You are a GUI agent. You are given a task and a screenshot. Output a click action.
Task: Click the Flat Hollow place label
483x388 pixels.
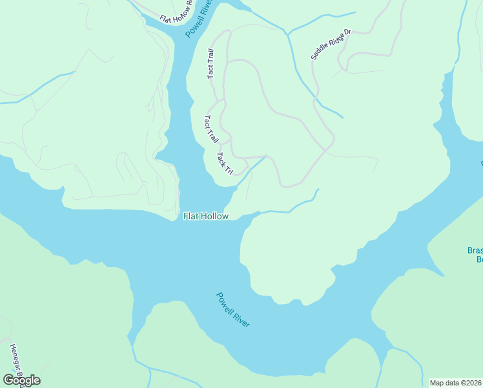click(x=205, y=216)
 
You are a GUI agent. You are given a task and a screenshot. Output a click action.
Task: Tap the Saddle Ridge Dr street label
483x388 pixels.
click(x=330, y=44)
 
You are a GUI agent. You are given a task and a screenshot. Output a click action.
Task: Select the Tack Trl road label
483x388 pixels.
click(x=225, y=164)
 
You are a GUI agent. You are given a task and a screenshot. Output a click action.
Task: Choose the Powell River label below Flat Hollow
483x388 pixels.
click(x=233, y=310)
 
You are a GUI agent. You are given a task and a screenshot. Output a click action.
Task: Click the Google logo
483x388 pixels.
click(x=21, y=380)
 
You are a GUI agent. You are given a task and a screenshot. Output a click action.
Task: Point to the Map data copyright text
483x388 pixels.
click(x=455, y=383)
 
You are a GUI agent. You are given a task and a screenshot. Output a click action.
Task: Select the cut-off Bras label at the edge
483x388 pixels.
click(x=475, y=254)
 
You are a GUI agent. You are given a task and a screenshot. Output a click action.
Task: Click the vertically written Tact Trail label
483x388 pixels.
click(x=211, y=64)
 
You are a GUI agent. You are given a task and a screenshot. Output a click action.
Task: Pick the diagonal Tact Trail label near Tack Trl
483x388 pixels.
click(x=211, y=129)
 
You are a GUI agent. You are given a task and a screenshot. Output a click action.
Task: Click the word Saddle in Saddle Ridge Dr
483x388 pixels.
click(x=320, y=52)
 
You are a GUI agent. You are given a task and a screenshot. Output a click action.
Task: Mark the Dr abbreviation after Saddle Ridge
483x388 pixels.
click(x=346, y=31)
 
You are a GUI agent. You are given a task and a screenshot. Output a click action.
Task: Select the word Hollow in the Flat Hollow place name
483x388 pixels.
click(x=214, y=216)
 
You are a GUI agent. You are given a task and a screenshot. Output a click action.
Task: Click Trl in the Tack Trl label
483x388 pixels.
click(x=228, y=169)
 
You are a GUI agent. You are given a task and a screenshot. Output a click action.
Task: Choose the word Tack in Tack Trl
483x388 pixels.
click(x=221, y=158)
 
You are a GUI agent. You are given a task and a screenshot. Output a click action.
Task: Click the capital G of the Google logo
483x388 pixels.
click(x=8, y=380)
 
